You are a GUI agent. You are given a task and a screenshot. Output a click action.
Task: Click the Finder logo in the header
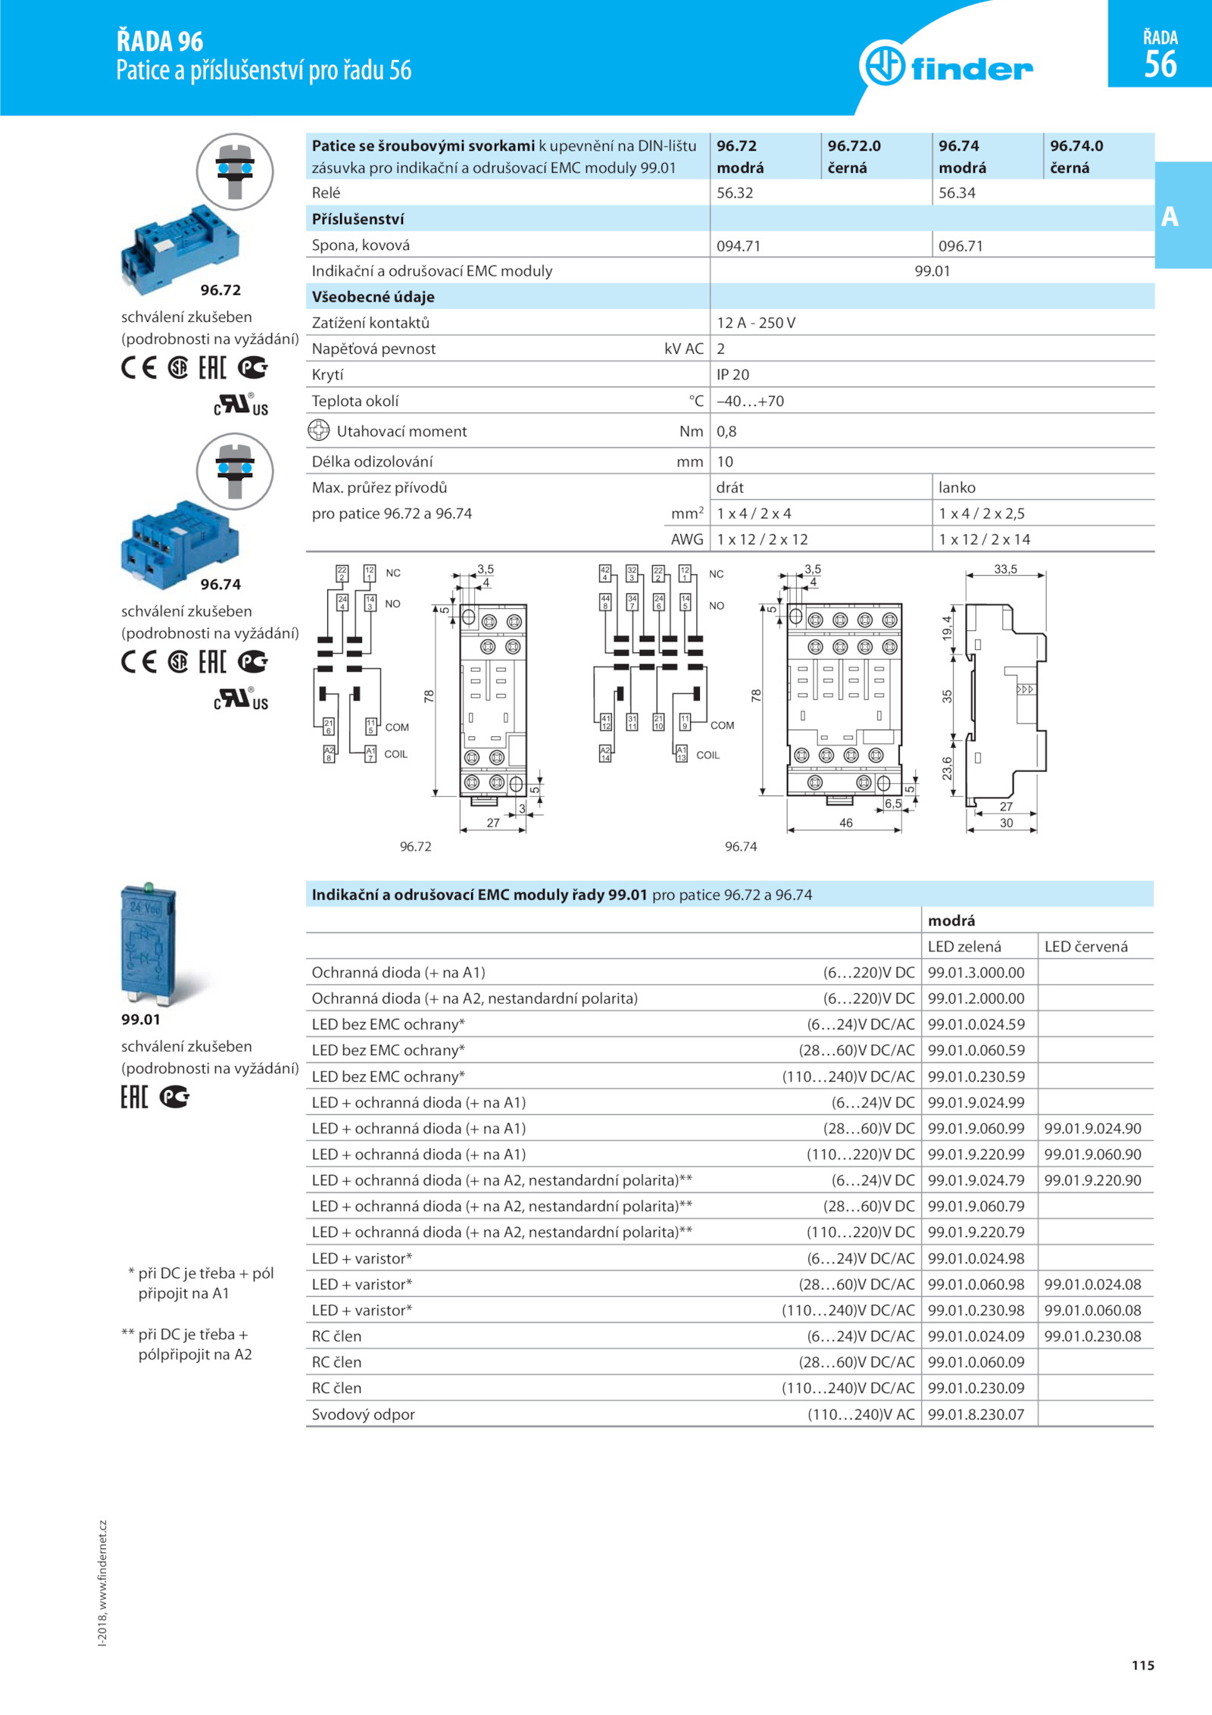946,67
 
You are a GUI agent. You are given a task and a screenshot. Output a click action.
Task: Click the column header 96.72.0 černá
854,156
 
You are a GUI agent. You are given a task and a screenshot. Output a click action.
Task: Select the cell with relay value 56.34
957,193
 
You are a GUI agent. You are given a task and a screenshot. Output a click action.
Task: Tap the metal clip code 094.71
738,245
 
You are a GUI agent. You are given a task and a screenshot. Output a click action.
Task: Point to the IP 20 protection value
733,375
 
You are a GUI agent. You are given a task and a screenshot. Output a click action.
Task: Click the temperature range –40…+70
750,401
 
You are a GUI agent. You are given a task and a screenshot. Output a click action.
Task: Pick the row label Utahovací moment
401,432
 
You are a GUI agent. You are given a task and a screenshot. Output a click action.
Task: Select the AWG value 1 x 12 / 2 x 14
984,539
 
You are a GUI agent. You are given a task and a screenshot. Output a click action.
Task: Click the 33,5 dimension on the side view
1005,569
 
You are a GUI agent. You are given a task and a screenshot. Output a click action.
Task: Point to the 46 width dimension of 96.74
845,823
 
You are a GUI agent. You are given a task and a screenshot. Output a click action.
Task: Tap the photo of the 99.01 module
148,944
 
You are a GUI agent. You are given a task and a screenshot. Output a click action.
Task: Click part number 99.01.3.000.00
976,973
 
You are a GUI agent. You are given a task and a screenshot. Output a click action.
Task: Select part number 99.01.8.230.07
976,1414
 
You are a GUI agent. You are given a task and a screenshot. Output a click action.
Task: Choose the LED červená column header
1085,947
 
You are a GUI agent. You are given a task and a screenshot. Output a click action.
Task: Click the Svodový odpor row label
363,1414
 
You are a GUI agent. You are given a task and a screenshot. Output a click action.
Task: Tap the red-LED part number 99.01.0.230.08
1092,1336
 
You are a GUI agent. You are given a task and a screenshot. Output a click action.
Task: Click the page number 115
1142,1665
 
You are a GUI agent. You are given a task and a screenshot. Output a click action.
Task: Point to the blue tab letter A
1170,217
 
